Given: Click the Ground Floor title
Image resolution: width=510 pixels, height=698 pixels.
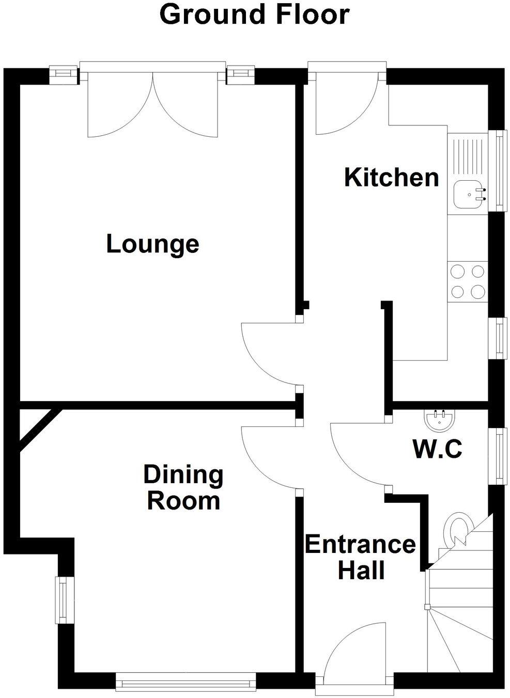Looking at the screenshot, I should (254, 14).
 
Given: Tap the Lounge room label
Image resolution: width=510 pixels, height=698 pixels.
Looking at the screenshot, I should (152, 244).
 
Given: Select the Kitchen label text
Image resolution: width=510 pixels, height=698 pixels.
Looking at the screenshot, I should (391, 177).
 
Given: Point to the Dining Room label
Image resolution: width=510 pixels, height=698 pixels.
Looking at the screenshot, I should (183, 488).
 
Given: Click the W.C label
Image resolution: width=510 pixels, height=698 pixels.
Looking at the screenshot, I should (437, 449).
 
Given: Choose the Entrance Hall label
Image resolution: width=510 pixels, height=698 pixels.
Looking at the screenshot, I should (360, 558).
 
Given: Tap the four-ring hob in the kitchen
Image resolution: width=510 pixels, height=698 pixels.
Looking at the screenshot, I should (468, 281).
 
